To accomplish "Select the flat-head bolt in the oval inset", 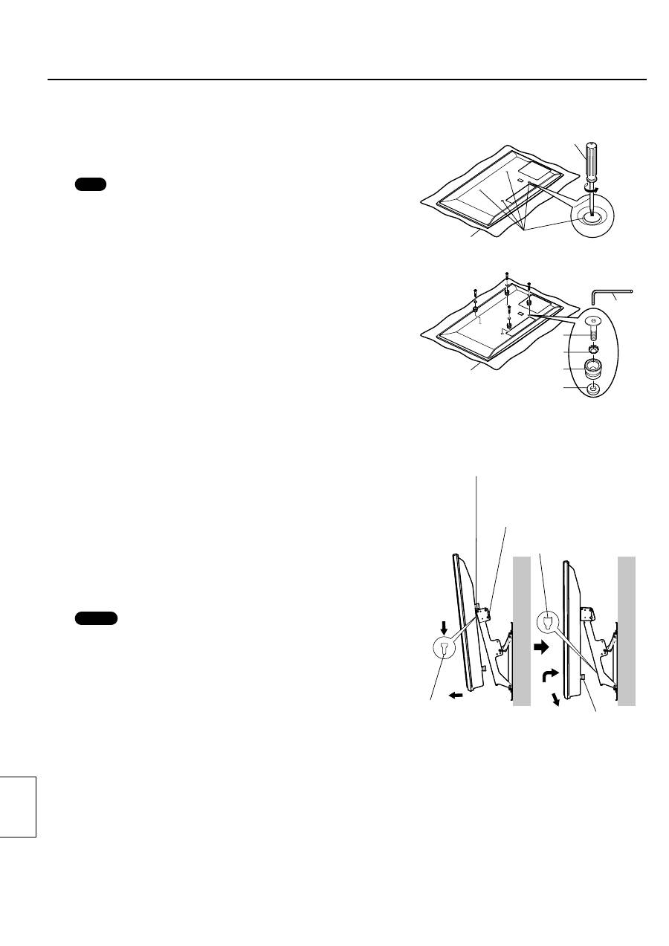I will [x=593, y=324].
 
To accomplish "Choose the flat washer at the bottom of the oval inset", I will [x=593, y=388].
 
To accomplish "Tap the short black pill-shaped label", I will [x=91, y=184].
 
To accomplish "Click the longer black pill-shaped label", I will [x=97, y=618].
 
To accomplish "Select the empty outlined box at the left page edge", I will [x=18, y=806].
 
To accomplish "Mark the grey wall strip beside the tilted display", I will [x=520, y=631].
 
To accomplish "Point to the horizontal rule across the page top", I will [x=347, y=80].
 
